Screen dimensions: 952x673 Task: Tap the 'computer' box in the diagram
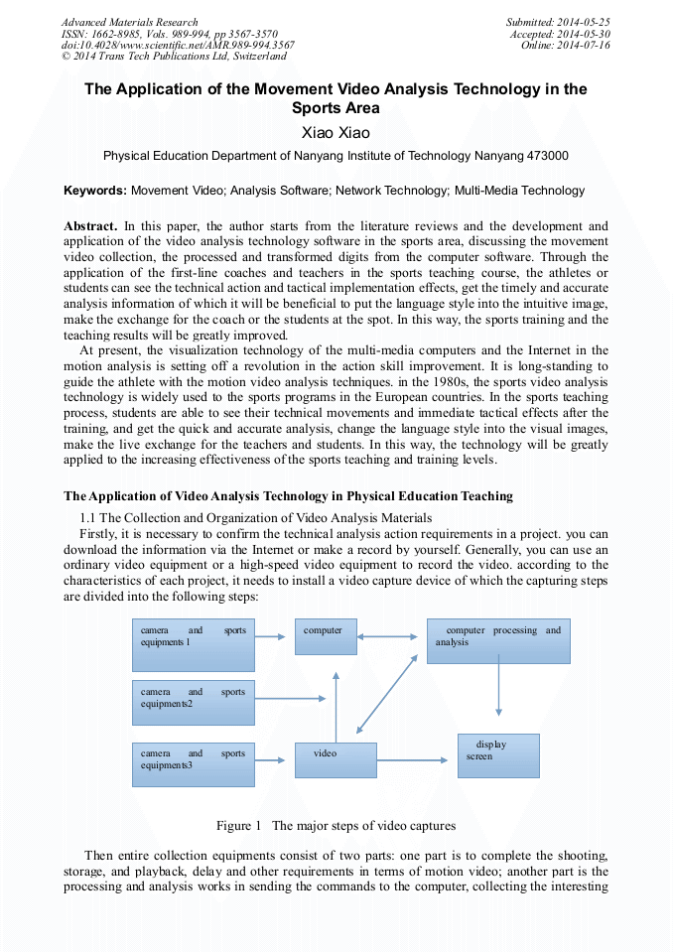pos(326,635)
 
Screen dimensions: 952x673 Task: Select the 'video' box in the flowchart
pos(336,760)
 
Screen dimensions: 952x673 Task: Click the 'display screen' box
pos(498,755)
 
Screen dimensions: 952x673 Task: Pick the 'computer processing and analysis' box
pos(498,641)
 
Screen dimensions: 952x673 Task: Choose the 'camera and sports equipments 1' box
pos(194,644)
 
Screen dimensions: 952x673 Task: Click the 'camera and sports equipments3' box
pos(194,764)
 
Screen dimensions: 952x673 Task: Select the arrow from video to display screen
pos(413,761)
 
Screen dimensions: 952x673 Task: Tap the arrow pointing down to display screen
pos(498,691)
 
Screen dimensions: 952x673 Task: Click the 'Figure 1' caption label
pos(238,825)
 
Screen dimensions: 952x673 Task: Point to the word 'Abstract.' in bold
pos(90,226)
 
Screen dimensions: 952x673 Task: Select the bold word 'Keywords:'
pos(95,191)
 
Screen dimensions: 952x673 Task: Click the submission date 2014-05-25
pos(584,22)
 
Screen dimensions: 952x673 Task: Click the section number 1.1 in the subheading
pos(87,517)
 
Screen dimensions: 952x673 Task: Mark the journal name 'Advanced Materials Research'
pos(129,22)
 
